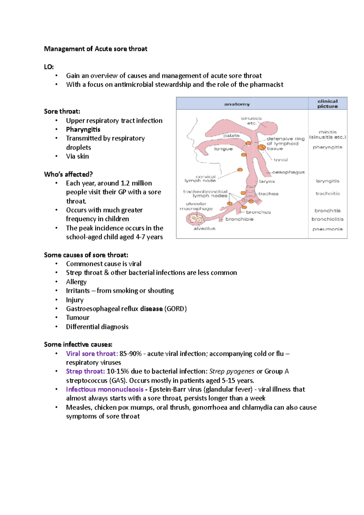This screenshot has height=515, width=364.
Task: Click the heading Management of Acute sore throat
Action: (96, 49)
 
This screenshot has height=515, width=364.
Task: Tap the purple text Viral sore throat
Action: (91, 354)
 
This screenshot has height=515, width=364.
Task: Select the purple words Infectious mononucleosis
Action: (105, 389)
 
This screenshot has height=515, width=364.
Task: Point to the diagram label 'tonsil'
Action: (281, 160)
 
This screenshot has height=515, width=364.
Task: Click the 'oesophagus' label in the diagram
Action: (288, 172)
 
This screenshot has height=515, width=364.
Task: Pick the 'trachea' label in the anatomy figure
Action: (268, 194)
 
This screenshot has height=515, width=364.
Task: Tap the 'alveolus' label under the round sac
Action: (204, 229)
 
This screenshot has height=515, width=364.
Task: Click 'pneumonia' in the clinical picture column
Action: (327, 229)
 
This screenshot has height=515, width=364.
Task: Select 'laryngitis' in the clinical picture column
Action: (327, 181)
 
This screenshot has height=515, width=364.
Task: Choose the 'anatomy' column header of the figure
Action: (237, 104)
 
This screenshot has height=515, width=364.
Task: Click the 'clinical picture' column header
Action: (327, 104)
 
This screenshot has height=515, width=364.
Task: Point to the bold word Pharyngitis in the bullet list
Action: (83, 130)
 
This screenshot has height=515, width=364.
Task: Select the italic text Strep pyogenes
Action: (232, 372)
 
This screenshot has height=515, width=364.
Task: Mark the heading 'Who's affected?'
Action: (68, 174)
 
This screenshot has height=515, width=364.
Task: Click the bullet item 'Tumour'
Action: (78, 318)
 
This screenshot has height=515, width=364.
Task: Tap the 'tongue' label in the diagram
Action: (223, 149)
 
